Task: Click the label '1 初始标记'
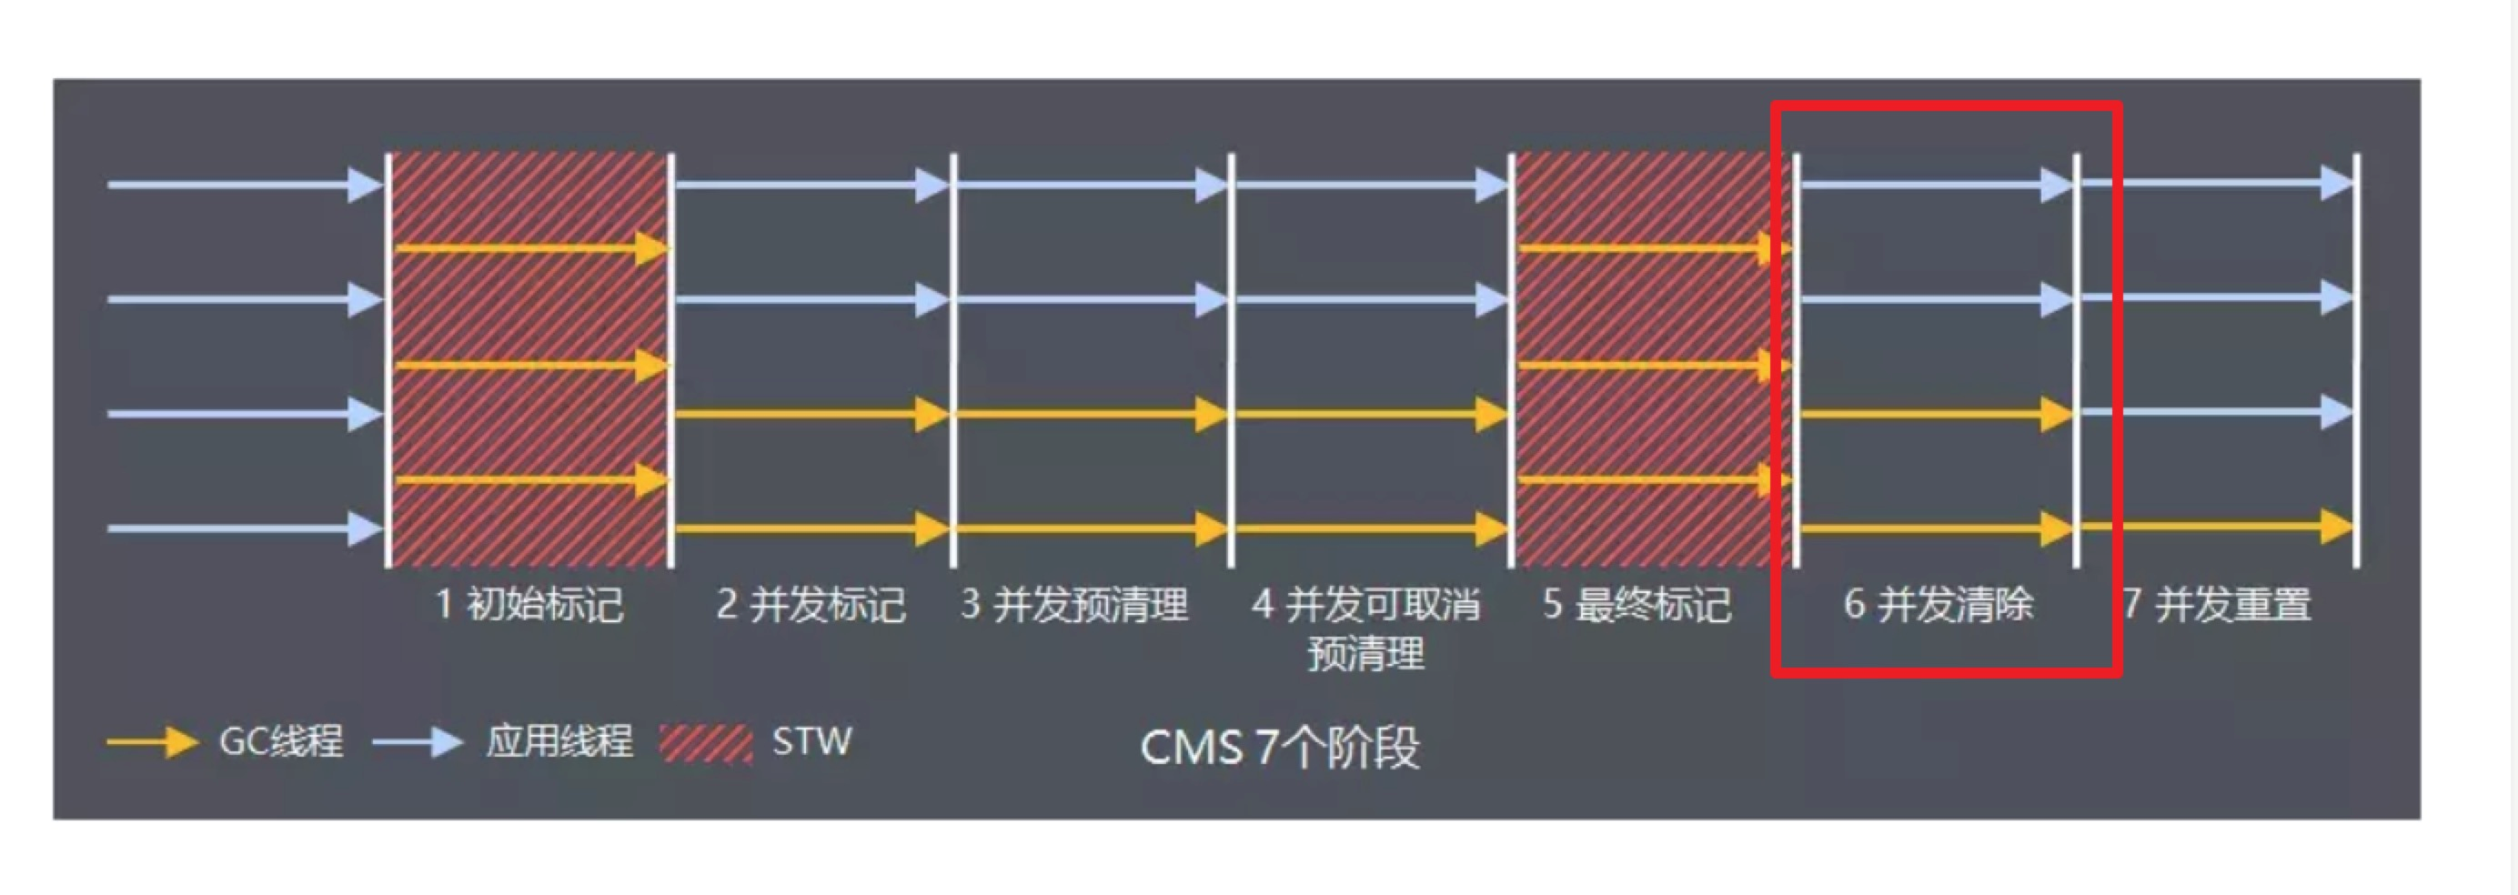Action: (x=529, y=605)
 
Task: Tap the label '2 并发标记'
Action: (x=811, y=605)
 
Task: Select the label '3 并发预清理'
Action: (x=1074, y=605)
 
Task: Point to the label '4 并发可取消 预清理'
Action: (x=1365, y=629)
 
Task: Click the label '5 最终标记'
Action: (x=1637, y=605)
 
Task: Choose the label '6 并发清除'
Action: (x=1939, y=605)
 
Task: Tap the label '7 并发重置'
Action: (x=2217, y=605)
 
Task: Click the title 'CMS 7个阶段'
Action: (x=1280, y=748)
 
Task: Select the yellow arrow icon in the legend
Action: (x=152, y=742)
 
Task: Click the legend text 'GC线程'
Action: (x=281, y=741)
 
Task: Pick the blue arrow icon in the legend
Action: (x=418, y=742)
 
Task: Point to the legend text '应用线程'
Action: (x=559, y=741)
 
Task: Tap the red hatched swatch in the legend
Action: (x=706, y=743)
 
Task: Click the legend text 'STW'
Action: (x=811, y=741)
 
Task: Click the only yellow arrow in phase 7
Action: (x=2217, y=527)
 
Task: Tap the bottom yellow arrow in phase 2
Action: (x=811, y=528)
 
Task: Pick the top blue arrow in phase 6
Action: (x=1936, y=184)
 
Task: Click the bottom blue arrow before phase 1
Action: (x=245, y=528)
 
